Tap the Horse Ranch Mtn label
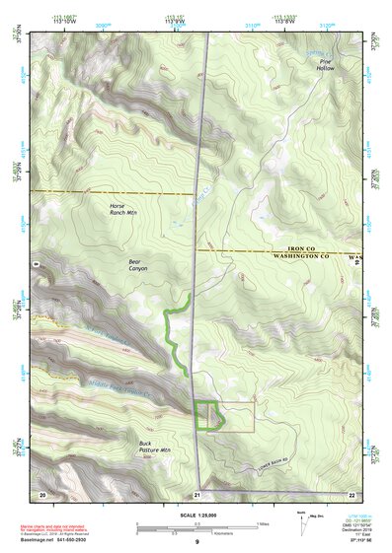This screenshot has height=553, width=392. click(x=123, y=210)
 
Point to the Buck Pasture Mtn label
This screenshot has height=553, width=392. click(x=154, y=449)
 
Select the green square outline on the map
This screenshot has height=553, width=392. click(x=207, y=415)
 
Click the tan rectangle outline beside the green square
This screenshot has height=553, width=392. click(x=241, y=416)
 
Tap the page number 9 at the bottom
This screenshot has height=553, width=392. click(x=196, y=542)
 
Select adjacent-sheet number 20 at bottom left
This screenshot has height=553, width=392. click(x=41, y=492)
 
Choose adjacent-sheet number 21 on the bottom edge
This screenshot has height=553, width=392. click(x=197, y=493)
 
